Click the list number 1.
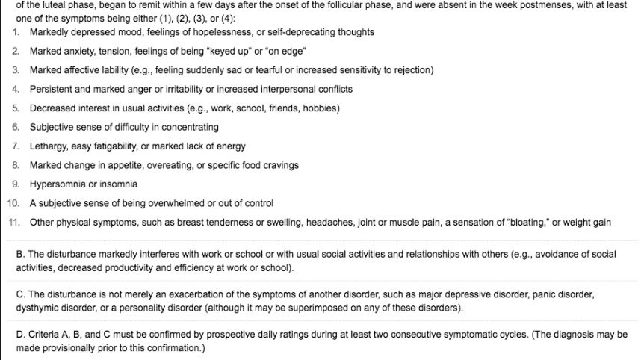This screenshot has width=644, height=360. tap(16, 32)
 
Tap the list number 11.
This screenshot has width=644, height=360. tap(13, 222)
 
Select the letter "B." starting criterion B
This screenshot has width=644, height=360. tap(20, 254)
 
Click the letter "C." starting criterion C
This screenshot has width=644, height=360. tap(20, 294)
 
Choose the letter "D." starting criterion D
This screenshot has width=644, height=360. tap(20, 335)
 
